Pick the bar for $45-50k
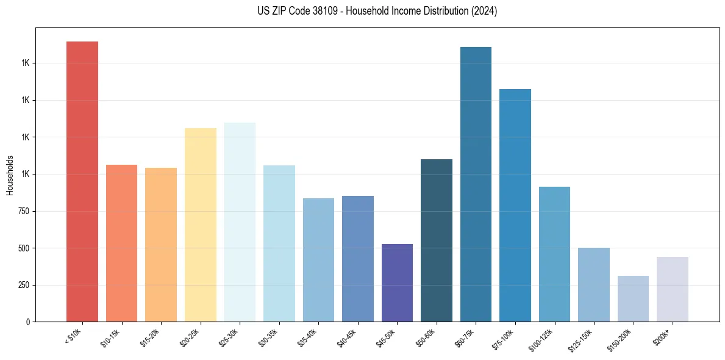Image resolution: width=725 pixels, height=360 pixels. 397,283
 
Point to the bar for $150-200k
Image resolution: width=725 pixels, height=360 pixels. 633,298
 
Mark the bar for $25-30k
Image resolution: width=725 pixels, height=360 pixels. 240,222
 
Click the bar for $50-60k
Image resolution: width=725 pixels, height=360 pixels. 437,240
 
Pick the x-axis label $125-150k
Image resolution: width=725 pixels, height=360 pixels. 584,339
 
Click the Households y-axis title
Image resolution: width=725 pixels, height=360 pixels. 10,175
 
